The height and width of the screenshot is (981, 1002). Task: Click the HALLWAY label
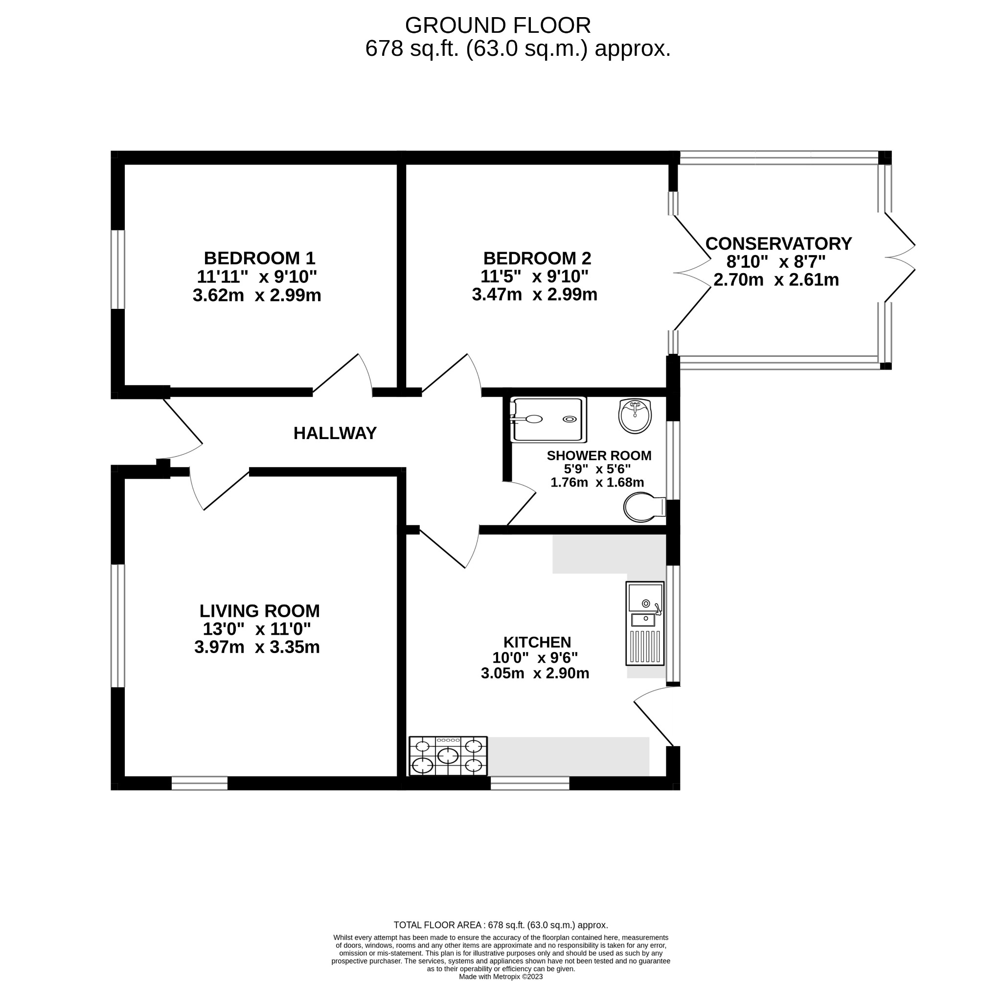(335, 433)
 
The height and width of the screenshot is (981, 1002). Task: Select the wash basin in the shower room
(636, 416)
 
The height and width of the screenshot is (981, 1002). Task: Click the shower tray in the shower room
(548, 420)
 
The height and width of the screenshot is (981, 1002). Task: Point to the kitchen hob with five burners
(448, 756)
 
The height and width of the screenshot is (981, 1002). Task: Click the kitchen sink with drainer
(645, 624)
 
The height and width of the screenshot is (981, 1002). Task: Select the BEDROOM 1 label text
(259, 257)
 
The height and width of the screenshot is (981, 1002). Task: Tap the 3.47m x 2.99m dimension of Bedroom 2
(534, 295)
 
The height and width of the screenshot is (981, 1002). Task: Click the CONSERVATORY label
(778, 243)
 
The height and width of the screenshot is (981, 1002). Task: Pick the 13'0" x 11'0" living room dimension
(256, 629)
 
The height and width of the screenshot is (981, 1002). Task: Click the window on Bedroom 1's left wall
(118, 269)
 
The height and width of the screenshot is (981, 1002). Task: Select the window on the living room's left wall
(118, 626)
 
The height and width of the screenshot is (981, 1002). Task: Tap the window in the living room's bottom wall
(199, 783)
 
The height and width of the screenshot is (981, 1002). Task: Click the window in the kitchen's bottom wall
(529, 783)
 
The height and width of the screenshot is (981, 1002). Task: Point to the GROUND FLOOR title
(498, 25)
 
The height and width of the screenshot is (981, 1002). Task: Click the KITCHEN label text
(537, 642)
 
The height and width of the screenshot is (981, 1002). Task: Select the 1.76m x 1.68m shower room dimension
(597, 482)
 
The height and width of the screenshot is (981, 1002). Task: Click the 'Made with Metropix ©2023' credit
(501, 977)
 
